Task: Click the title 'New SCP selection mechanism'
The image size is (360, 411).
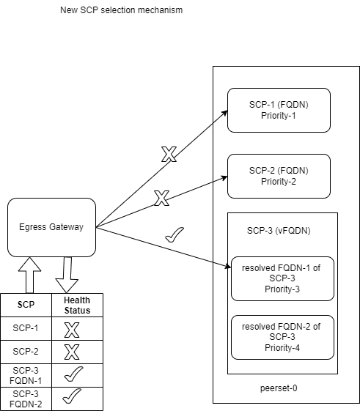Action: tap(121, 11)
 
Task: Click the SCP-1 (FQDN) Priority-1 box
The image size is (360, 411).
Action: tap(279, 110)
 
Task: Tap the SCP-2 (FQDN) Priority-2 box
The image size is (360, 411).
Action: tap(279, 176)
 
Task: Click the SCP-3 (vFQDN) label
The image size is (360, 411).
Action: tap(278, 231)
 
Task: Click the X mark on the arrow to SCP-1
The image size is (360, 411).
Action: tap(169, 155)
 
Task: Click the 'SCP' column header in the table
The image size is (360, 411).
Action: tap(26, 306)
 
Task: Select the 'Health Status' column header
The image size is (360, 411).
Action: tap(77, 306)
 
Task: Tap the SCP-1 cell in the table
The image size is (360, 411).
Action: tap(26, 330)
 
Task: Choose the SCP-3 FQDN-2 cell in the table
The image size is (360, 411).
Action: tap(26, 397)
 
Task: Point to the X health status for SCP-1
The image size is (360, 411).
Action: tap(72, 330)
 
